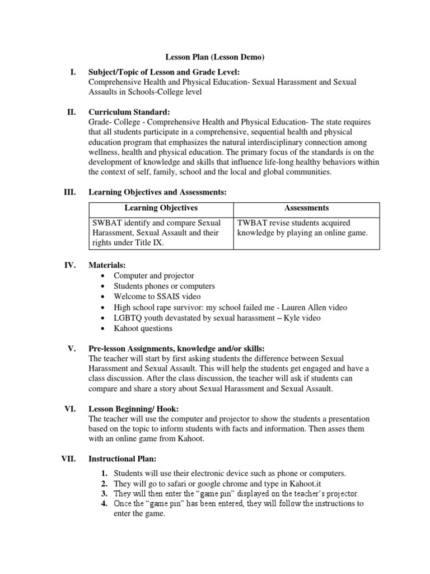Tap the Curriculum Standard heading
pos(126,112)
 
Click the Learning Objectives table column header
pos(161,208)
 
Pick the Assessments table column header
pos(306,208)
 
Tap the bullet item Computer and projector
pos(154,276)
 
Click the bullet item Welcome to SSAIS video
pos(157,297)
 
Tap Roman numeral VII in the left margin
pos(68,459)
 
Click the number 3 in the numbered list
pos(104,493)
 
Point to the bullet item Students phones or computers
pos(164,286)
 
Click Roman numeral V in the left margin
pos(71,349)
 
